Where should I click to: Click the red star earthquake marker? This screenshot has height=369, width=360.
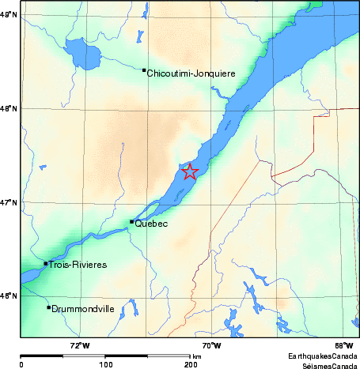189,171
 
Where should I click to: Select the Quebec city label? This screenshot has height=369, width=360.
152,224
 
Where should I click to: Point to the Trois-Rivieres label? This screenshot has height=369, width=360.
78,265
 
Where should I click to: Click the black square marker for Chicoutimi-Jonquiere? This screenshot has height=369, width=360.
144,70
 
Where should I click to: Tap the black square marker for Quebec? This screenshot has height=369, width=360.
131,222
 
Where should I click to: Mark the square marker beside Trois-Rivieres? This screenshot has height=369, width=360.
46,263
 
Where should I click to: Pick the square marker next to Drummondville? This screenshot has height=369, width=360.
49,307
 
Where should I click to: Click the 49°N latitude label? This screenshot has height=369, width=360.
9,14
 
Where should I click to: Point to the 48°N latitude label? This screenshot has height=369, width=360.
9,108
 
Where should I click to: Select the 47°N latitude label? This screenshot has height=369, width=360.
9,203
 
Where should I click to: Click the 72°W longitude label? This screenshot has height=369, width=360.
80,345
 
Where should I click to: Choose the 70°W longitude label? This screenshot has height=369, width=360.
210,345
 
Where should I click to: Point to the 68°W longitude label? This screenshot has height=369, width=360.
343,345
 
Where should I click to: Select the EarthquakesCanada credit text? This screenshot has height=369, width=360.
322,356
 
